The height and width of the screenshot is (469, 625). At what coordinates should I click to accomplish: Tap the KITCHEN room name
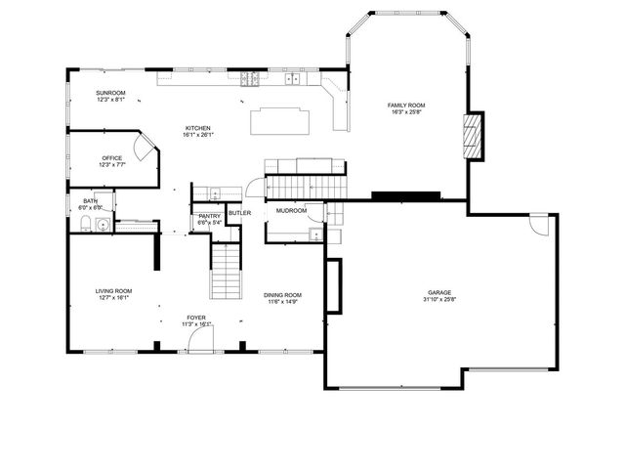tap(198, 128)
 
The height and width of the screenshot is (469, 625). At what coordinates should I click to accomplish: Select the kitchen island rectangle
tap(281, 121)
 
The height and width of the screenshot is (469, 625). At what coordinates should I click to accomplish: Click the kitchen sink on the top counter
tap(291, 77)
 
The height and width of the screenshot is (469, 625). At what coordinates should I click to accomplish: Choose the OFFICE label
tap(111, 158)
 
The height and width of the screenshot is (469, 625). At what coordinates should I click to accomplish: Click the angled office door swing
tap(143, 149)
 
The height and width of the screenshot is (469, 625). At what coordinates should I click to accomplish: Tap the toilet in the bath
tap(85, 225)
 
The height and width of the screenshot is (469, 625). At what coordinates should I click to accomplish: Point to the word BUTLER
tap(240, 212)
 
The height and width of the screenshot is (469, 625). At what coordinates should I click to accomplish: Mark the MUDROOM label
tap(291, 210)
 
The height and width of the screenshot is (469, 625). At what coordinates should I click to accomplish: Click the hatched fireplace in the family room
tap(473, 136)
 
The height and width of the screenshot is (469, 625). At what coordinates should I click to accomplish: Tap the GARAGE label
tap(439, 292)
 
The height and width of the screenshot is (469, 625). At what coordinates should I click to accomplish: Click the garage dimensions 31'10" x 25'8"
tap(439, 299)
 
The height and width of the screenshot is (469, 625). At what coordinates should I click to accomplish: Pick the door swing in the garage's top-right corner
tap(537, 224)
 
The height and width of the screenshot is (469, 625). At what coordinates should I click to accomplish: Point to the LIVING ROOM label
tap(113, 290)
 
